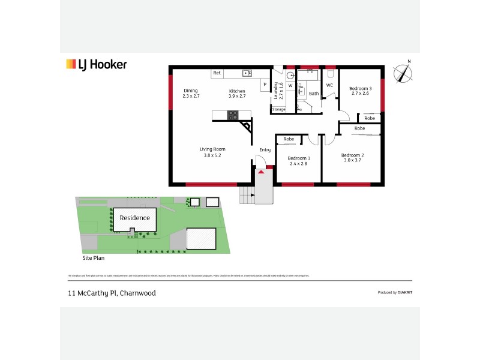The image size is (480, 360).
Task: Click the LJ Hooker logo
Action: pos(96,65)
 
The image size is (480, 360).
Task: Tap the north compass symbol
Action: pos(404,72)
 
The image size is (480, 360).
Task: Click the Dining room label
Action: pos(190,93)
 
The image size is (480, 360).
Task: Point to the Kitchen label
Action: pos(237,93)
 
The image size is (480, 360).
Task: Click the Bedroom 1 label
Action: pos(298,160)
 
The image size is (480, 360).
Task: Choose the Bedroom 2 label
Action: pos(353,157)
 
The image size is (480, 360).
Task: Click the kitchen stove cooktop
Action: pos(233,115)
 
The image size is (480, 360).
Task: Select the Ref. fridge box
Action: pos(217,73)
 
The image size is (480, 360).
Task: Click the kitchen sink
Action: pos(246,73)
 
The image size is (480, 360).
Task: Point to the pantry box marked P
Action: pos(264,85)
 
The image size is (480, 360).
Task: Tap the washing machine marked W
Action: pos(290,85)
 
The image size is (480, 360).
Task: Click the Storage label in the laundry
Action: pos(278,109)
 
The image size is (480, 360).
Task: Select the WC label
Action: pos(329,85)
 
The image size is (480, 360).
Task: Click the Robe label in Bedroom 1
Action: pos(289,139)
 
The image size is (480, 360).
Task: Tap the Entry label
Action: pos(265,149)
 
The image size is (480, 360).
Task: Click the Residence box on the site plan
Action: pos(135,218)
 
